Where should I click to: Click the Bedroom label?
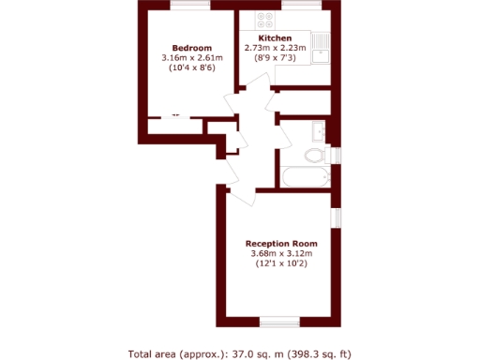pyautogui.click(x=190, y=48)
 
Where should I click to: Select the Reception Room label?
pyautogui.click(x=281, y=243)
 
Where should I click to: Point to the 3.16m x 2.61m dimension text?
pyautogui.click(x=191, y=58)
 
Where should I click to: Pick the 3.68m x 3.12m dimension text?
pyautogui.click(x=281, y=254)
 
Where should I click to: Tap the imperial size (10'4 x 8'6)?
pyautogui.click(x=191, y=68)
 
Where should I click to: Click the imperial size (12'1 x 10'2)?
pyautogui.click(x=281, y=264)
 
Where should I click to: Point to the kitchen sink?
pyautogui.click(x=322, y=43)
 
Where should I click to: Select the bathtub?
pyautogui.click(x=304, y=176)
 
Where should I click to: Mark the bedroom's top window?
pyautogui.click(x=189, y=8)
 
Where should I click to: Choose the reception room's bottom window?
pyautogui.click(x=278, y=322)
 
